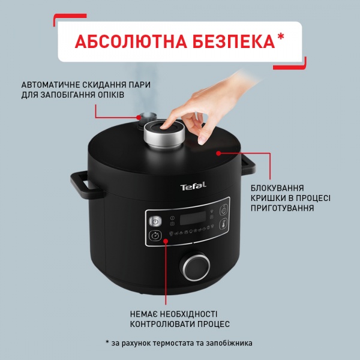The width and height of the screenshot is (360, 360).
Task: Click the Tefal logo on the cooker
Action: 193,188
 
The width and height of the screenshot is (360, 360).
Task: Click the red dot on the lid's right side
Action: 219,153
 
